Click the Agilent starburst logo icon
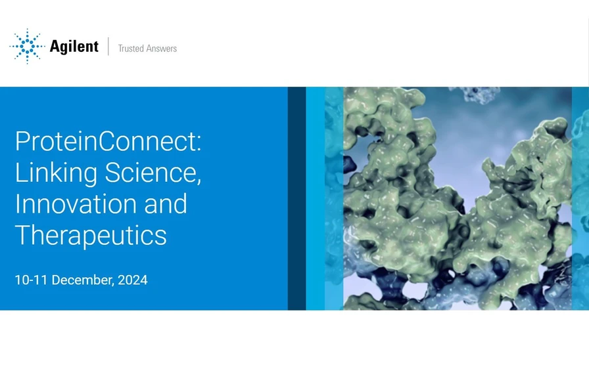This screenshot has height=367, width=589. pyautogui.click(x=27, y=46)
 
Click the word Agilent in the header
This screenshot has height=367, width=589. pyautogui.click(x=74, y=47)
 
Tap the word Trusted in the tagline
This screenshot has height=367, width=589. pyautogui.click(x=131, y=48)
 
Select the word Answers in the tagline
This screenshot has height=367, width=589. pyautogui.click(x=162, y=48)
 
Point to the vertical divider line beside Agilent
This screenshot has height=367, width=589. pyautogui.click(x=108, y=47)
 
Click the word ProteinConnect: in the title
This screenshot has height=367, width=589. pyautogui.click(x=108, y=142)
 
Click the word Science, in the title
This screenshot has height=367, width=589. pyautogui.click(x=154, y=173)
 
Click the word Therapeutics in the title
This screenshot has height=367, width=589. pyautogui.click(x=91, y=234)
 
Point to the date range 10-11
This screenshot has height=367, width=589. pyautogui.click(x=31, y=280)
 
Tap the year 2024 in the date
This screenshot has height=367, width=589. pyautogui.click(x=133, y=280)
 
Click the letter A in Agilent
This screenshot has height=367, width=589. pyautogui.click(x=55, y=47)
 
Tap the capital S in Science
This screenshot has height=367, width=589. pyautogui.click(x=114, y=173)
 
